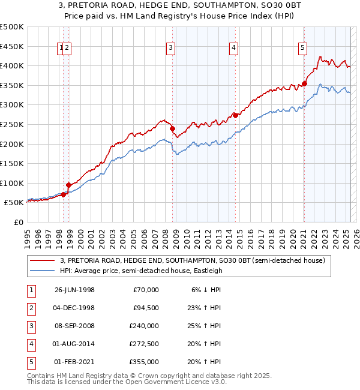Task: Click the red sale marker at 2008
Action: pyautogui.click(x=172, y=128)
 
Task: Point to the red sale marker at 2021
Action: pyautogui.click(x=304, y=83)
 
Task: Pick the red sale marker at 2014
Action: pyautogui.click(x=235, y=115)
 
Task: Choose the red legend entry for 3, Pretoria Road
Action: pyautogui.click(x=192, y=260)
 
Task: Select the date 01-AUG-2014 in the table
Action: pyautogui.click(x=74, y=344)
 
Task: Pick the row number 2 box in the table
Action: pyautogui.click(x=30, y=308)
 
